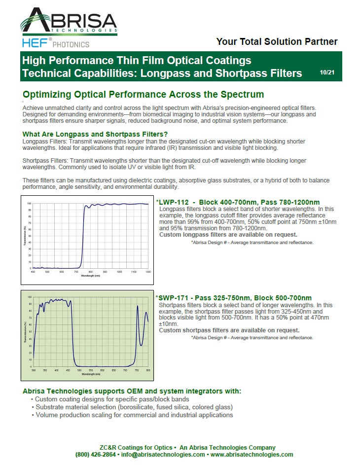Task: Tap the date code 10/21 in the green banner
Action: (x=327, y=72)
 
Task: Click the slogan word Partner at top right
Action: (x=319, y=42)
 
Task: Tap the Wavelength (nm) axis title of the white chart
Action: (x=91, y=276)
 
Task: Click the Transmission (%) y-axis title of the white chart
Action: (x=26, y=236)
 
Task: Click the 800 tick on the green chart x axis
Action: (x=148, y=370)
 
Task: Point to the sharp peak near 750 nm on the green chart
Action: (x=137, y=306)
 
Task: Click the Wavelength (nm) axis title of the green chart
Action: (x=91, y=374)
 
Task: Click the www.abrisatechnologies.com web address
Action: (x=252, y=454)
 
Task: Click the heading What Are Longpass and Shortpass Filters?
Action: (x=95, y=134)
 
